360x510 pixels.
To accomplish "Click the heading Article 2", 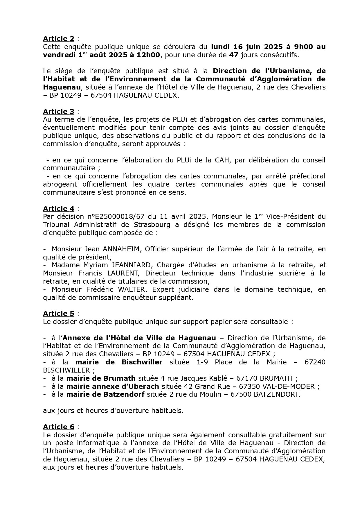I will pos(59,39).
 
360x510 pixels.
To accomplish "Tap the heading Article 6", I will pos(59,427).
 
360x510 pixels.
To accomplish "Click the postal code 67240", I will pos(315,362).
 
